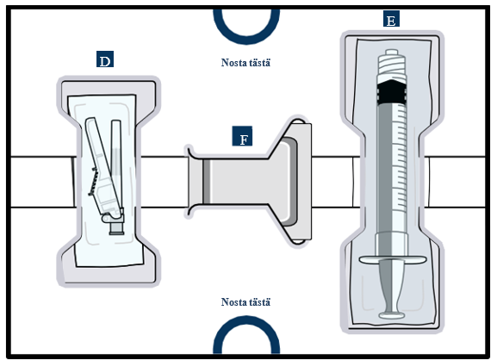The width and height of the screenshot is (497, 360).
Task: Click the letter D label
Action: [105, 59]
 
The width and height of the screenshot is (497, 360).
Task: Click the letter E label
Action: [391, 19]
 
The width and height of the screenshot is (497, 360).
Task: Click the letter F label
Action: [242, 136]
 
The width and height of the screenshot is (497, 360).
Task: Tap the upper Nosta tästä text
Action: [245, 62]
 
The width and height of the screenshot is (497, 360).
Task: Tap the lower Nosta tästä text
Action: [245, 301]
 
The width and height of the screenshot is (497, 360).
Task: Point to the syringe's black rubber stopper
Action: [392, 91]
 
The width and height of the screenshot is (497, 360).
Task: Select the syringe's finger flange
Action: [393, 259]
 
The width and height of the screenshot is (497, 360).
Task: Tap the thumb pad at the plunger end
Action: [392, 315]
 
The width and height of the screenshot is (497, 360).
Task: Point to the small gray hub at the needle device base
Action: [116, 228]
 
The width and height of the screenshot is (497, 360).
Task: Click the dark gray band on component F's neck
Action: [207, 181]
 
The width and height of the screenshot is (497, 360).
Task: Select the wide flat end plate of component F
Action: [303, 182]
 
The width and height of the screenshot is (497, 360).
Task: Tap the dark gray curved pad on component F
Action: [292, 182]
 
